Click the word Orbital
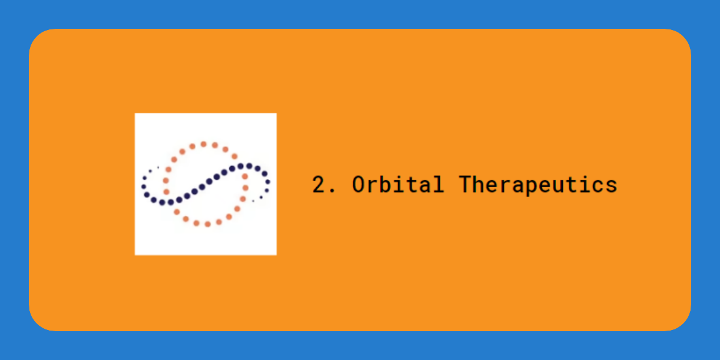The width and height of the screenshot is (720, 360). [x=398, y=184]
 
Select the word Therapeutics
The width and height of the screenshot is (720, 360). [x=538, y=185]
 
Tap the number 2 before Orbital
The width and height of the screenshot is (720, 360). [x=319, y=184]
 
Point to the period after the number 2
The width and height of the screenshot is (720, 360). [x=333, y=191]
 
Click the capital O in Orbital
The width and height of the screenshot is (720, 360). [x=358, y=185]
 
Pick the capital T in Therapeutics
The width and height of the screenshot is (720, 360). [x=465, y=184]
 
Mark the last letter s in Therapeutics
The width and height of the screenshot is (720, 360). [x=611, y=187]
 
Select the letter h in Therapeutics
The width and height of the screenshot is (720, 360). [x=478, y=184]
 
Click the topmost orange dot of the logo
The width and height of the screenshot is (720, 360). [x=203, y=145]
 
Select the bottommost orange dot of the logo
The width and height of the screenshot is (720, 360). [x=208, y=224]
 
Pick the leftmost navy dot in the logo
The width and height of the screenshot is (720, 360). [x=143, y=187]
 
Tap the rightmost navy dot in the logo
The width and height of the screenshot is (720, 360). [x=268, y=182]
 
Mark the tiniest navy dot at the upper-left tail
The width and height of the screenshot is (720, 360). [x=158, y=167]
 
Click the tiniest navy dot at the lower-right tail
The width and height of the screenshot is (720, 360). [x=253, y=201]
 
